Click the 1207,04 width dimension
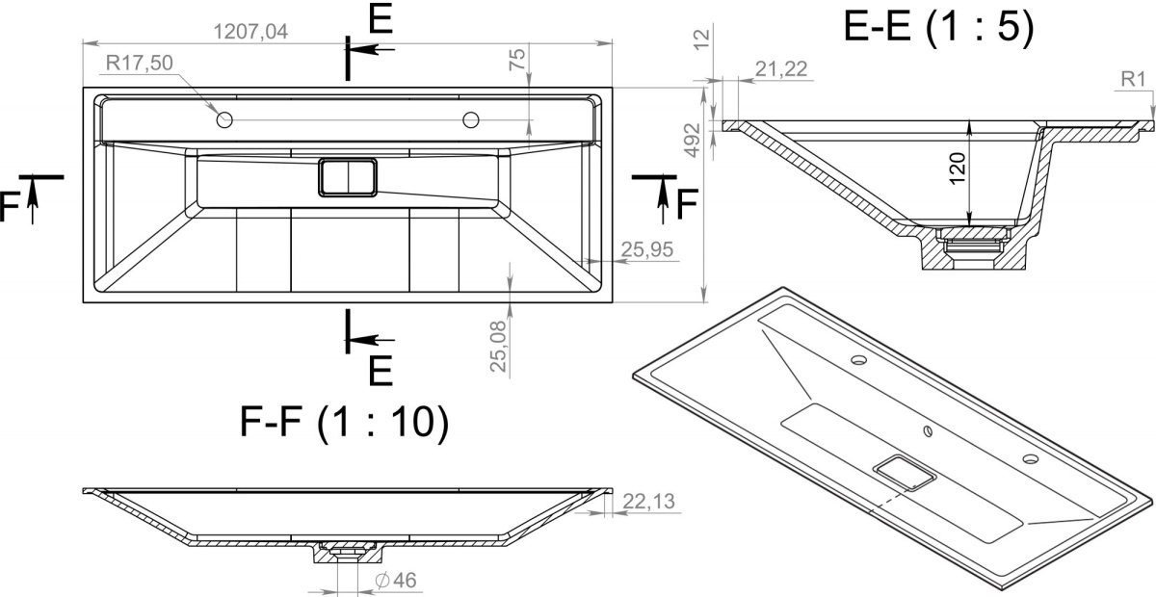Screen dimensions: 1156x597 (250, 32)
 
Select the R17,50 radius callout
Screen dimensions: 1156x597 (140, 63)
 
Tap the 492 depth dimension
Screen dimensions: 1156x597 (692, 140)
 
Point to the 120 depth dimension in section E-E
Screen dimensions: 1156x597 (958, 169)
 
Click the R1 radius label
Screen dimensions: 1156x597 (1133, 80)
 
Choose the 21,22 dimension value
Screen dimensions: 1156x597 (781, 69)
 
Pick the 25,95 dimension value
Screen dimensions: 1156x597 (647, 249)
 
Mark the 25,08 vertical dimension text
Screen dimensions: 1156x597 (499, 347)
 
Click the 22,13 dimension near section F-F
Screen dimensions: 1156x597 (648, 501)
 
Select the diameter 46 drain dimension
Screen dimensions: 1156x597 (396, 581)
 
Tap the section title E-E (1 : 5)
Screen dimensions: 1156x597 (938, 26)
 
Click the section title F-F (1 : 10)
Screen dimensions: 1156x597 (344, 422)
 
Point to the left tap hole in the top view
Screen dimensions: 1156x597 (224, 120)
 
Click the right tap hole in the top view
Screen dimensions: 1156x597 (471, 120)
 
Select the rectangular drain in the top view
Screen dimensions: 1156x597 (348, 177)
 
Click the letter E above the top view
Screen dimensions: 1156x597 (381, 18)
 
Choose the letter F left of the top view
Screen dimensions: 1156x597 (9, 206)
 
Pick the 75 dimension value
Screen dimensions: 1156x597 (517, 60)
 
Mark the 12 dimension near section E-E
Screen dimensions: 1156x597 (702, 39)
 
